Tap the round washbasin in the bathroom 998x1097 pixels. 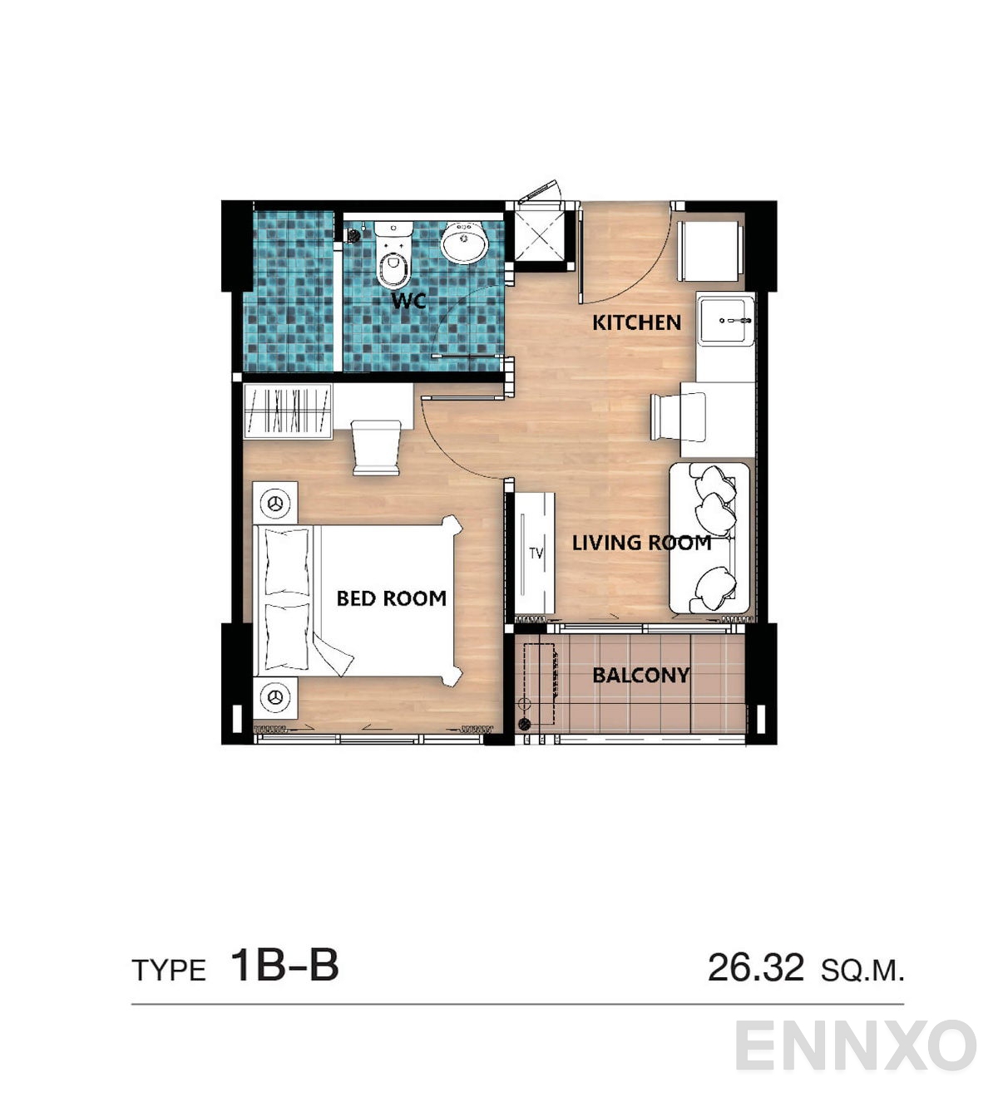pos(464,242)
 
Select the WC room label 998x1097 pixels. pos(408,301)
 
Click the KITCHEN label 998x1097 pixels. pos(636,322)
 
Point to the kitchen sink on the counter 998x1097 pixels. pos(726,320)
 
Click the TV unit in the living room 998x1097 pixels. pos(534,553)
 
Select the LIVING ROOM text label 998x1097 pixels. pos(641,543)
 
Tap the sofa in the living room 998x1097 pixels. pos(709,539)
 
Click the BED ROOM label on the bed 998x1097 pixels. pos(391,598)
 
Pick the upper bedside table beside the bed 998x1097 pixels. pos(275,503)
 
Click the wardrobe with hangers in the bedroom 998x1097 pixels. pos(288,410)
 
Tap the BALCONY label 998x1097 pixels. pos(640,675)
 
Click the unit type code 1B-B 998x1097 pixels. pos(284,966)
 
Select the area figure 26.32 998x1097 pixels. pos(755,968)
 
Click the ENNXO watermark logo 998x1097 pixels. pos(855,1045)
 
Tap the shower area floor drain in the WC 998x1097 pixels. pos(353,236)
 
